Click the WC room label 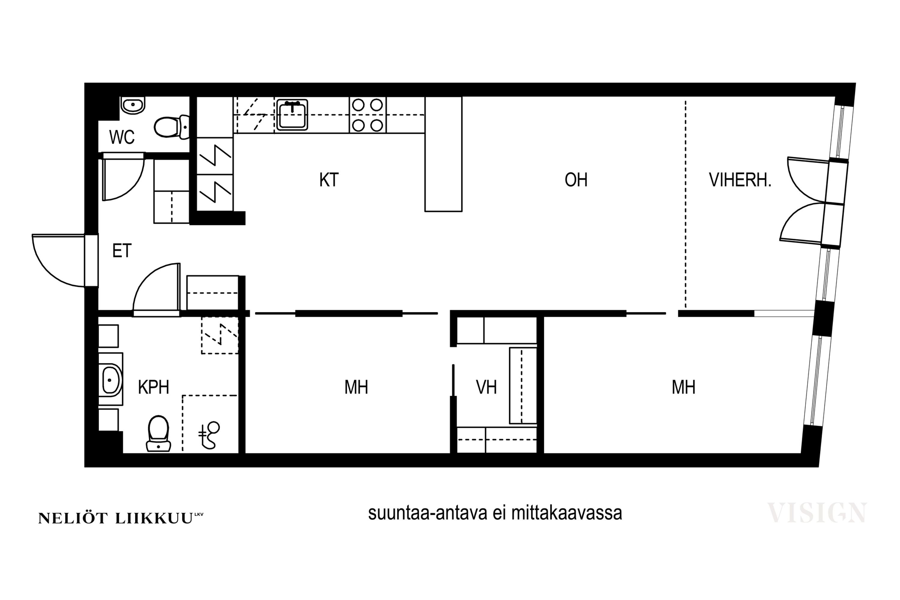tap(122, 137)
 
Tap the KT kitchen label tap(329, 180)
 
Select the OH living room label tap(576, 180)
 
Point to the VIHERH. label tap(740, 180)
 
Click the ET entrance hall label tap(122, 251)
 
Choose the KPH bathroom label tap(153, 387)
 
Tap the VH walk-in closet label tap(486, 387)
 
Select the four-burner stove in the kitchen tap(367, 115)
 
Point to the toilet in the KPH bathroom tap(158, 433)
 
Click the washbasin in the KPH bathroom tap(111, 379)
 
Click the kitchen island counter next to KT tap(443, 154)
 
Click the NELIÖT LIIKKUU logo tap(121, 518)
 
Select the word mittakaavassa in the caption tap(567, 513)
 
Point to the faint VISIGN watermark tap(817, 513)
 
